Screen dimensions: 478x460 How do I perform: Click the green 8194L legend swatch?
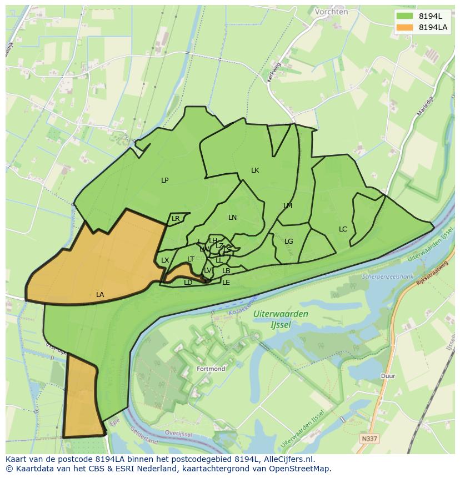pyautogui.click(x=405, y=16)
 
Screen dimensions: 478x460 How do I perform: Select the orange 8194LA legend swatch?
pyautogui.click(x=405, y=27)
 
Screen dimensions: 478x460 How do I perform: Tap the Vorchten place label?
pyautogui.click(x=331, y=11)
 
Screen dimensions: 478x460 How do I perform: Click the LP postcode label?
pyautogui.click(x=165, y=180)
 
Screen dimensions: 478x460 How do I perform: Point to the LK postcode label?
pyautogui.click(x=255, y=170)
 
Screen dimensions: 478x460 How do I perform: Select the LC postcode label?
pyautogui.click(x=343, y=229)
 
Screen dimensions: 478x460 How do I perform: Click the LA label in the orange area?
pyautogui.click(x=100, y=295)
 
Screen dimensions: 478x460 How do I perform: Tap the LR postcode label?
pyautogui.click(x=176, y=219)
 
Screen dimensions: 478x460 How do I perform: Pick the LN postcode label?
pyautogui.click(x=232, y=218)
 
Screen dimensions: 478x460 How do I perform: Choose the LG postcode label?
pyautogui.click(x=288, y=241)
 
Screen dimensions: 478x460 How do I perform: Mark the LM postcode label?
pyautogui.click(x=288, y=206)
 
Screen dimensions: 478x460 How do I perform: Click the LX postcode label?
pyautogui.click(x=165, y=260)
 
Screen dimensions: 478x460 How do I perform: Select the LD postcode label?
pyautogui.click(x=188, y=283)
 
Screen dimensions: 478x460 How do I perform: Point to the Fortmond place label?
pyautogui.click(x=211, y=369)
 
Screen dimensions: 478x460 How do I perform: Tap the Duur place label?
pyautogui.click(x=388, y=376)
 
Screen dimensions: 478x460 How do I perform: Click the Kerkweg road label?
pyautogui.click(x=274, y=72)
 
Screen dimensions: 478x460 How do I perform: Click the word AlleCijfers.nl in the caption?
pyautogui.click(x=288, y=460)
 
